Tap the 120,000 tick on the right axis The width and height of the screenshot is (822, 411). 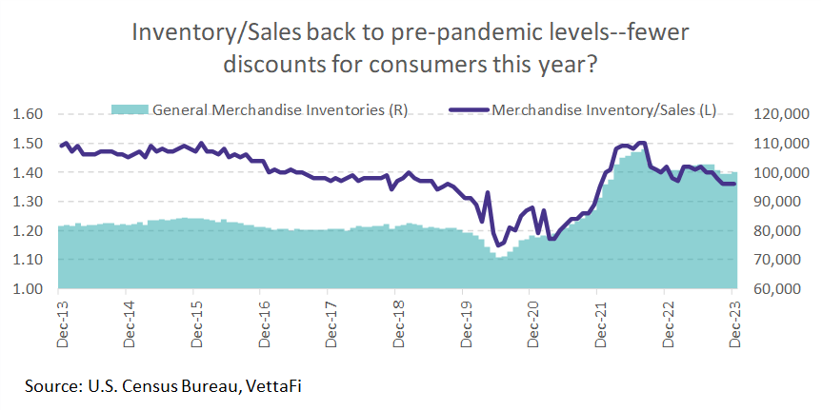click(x=780, y=114)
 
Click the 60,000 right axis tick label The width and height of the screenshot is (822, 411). click(x=784, y=289)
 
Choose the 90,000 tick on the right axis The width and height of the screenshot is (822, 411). click(x=784, y=202)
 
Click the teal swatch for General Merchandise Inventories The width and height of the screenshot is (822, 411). click(x=129, y=109)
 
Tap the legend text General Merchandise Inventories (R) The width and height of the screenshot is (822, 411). click(x=281, y=109)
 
